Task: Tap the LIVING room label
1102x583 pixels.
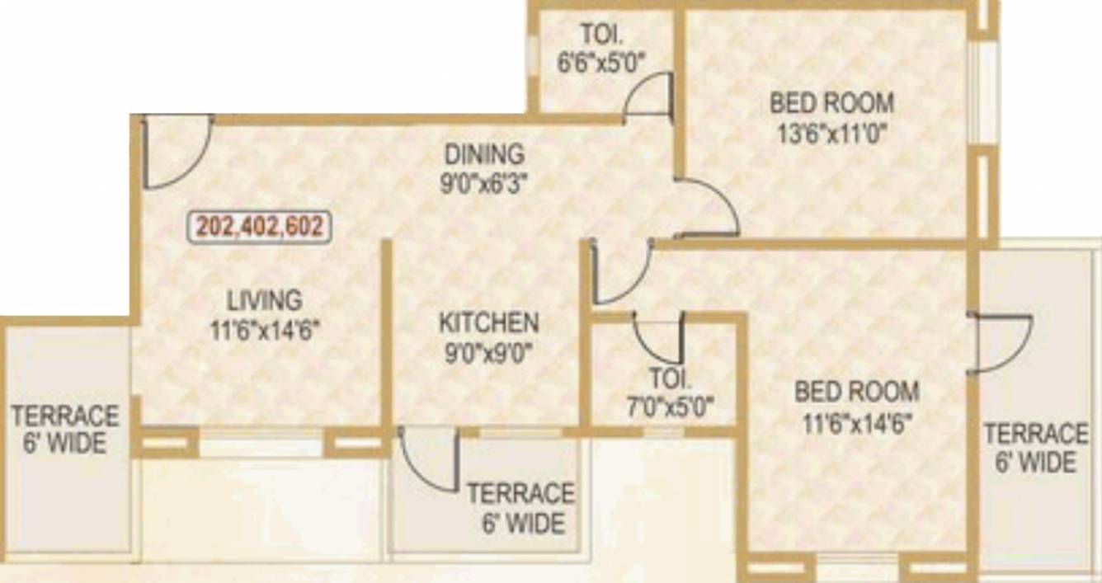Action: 264,299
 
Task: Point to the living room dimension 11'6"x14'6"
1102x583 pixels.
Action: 264,330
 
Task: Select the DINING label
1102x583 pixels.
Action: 484,154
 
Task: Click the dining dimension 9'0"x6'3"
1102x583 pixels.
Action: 484,182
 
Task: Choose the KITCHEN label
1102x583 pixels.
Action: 488,322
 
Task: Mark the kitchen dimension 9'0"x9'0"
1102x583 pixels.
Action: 488,352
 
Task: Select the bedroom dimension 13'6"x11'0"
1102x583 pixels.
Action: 831,134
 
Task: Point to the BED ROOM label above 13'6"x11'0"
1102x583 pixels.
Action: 831,103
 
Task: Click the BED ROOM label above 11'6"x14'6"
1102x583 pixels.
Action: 856,391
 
